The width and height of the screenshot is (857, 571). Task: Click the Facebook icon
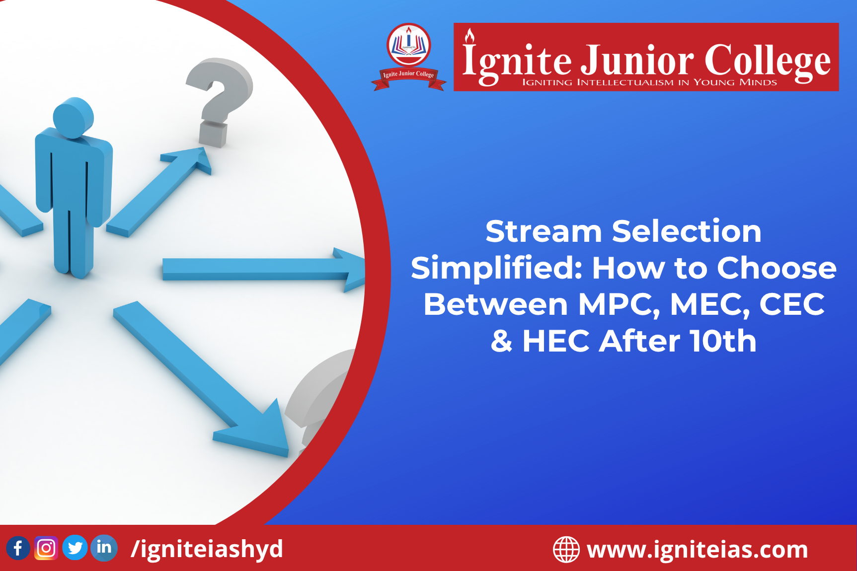18,548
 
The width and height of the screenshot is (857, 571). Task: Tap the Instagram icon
46,548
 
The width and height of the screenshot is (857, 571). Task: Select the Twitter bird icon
75,548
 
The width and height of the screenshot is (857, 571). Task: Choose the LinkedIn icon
104,548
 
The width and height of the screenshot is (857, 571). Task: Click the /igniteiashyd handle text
207,549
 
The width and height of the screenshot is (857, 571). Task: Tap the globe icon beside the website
566,550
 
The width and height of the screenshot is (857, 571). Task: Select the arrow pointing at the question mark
159,191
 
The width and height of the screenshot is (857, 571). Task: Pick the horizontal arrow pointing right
264,269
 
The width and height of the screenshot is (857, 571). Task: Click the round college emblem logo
409,57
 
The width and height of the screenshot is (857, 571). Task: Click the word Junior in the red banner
637,61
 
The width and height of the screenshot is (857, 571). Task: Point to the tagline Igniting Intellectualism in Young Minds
649,82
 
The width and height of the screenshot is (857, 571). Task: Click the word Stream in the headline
544,231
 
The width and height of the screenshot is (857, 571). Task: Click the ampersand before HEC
501,341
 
